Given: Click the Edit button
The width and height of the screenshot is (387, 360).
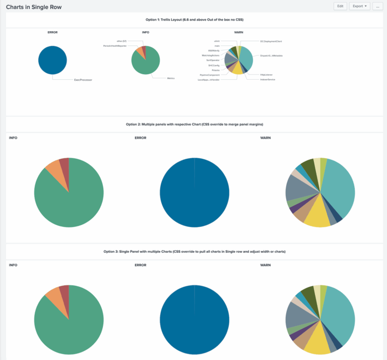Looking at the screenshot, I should click(x=340, y=6).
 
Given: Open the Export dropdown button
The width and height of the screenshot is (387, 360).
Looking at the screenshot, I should click(x=359, y=6).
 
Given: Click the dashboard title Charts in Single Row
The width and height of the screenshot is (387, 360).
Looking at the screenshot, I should click(x=34, y=7).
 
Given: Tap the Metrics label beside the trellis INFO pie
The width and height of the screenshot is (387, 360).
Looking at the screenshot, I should click(x=171, y=78).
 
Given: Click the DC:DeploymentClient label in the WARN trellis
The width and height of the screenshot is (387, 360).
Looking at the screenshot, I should click(x=271, y=41).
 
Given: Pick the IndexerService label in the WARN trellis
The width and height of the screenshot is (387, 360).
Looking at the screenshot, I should click(x=267, y=80).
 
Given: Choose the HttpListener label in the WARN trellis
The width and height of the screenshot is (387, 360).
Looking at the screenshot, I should click(x=266, y=75).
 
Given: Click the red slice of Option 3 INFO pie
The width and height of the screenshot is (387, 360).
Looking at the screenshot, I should click(x=64, y=290).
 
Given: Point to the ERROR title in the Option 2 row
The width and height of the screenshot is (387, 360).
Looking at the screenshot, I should click(x=140, y=138).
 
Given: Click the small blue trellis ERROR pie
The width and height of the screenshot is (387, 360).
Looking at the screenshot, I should click(x=52, y=59).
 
